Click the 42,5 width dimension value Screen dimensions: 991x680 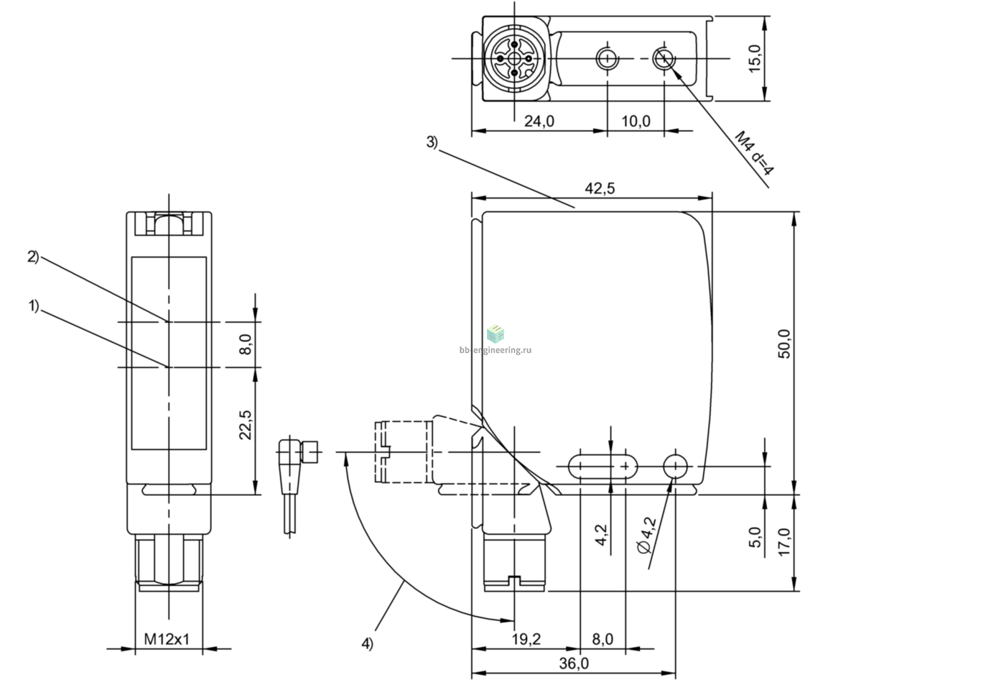tap(600, 188)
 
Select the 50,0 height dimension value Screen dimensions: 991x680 tap(785, 344)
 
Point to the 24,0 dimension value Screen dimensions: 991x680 tap(539, 121)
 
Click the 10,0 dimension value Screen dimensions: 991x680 tap(636, 121)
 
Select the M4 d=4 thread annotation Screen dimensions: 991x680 tap(754, 153)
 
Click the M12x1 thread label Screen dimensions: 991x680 tap(167, 639)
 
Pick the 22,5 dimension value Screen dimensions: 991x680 tap(246, 425)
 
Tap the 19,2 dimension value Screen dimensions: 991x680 tap(526, 639)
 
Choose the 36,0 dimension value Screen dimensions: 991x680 tap(574, 663)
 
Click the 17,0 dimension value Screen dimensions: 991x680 tap(784, 542)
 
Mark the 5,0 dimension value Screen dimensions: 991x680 tap(755, 538)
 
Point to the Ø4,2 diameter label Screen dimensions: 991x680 tap(647, 536)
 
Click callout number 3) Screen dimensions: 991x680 tap(432, 142)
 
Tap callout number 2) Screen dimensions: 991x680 tap(33, 257)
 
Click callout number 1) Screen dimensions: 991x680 tap(34, 305)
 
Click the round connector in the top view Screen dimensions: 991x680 tap(514, 58)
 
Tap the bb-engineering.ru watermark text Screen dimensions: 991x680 tap(495, 350)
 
